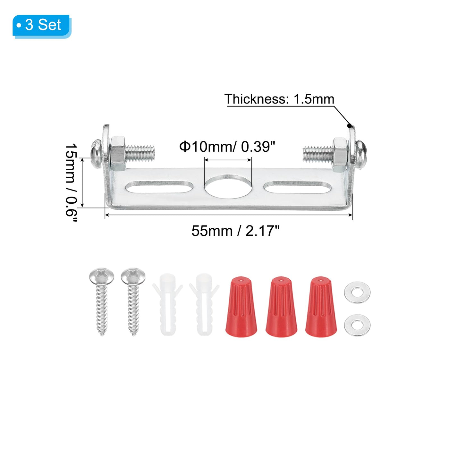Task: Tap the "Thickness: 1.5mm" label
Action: [279, 99]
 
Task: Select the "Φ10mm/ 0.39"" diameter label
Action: [227, 147]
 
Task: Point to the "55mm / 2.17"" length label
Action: [235, 231]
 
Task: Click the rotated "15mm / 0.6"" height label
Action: [71, 182]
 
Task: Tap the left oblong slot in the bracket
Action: [159, 187]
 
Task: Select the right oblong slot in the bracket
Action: [298, 187]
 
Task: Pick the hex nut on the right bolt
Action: [340, 154]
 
